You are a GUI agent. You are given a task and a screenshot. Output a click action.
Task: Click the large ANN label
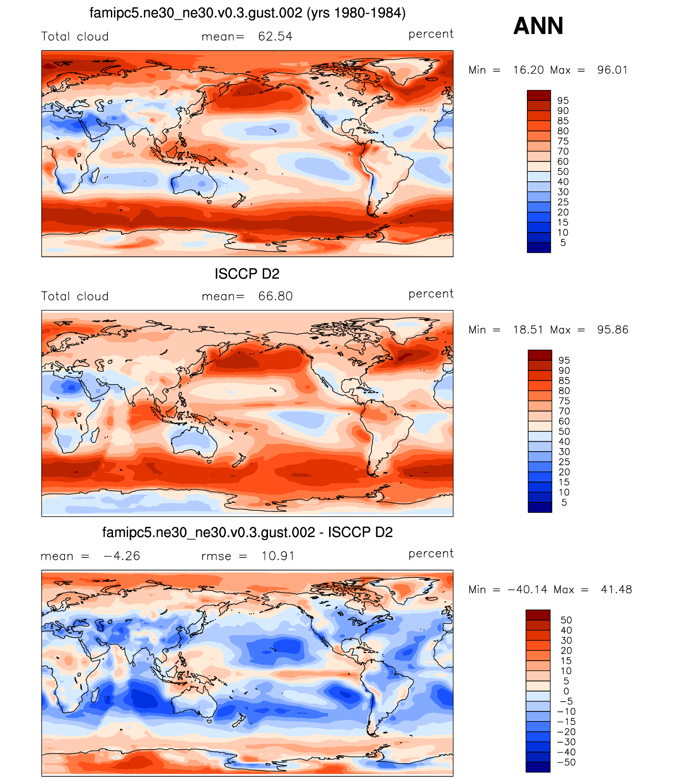point(538,26)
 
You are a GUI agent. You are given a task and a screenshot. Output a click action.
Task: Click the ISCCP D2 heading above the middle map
point(247,274)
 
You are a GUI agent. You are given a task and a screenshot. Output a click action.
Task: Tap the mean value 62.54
point(275,37)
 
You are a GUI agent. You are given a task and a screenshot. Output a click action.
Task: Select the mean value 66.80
point(275,296)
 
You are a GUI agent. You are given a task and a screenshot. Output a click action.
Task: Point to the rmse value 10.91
point(278,556)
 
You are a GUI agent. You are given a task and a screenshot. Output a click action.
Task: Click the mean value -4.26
point(122,556)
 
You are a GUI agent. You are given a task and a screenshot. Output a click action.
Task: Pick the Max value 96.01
point(612,70)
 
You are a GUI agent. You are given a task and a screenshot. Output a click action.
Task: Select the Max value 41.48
point(616,590)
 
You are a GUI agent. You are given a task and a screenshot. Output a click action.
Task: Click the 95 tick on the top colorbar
point(563,101)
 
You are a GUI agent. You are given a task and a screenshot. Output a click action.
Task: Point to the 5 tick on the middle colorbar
point(564,503)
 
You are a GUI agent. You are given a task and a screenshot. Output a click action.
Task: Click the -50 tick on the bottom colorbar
point(566,762)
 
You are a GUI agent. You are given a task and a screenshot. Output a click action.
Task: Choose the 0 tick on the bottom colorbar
point(566,691)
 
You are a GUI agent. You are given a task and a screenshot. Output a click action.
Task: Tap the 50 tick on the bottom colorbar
point(566,620)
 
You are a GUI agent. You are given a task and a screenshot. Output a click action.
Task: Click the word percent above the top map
point(431,35)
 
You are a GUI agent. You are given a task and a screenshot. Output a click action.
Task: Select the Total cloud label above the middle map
point(75,296)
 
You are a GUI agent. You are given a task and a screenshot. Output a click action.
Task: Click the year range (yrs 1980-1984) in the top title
point(356,13)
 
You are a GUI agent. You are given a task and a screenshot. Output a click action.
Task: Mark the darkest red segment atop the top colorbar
point(538,95)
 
